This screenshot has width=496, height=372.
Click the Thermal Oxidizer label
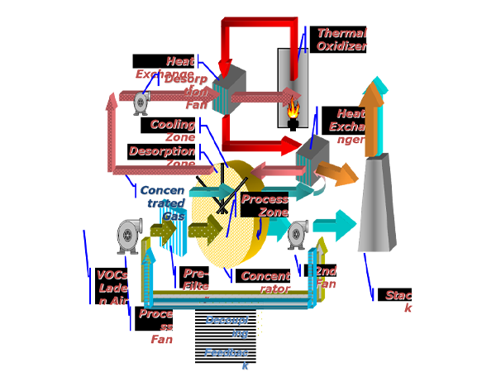click(x=340, y=40)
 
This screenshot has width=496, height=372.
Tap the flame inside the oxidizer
click(x=293, y=108)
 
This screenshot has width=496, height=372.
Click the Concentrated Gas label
click(x=163, y=203)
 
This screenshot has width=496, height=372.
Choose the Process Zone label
click(x=265, y=205)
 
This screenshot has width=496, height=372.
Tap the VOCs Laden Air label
click(x=112, y=288)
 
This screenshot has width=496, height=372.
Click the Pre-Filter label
click(x=194, y=279)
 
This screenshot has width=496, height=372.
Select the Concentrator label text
click(x=265, y=282)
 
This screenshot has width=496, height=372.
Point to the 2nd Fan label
click(x=322, y=277)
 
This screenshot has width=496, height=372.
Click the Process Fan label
click(x=155, y=326)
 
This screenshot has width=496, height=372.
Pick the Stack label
click(x=397, y=301)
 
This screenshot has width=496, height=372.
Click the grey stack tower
click(x=376, y=207)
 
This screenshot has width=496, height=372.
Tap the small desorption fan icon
click(x=141, y=103)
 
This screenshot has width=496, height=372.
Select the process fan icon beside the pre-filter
click(x=128, y=236)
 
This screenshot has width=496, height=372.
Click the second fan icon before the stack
click(x=297, y=235)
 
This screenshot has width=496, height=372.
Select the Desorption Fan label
click(x=188, y=92)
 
